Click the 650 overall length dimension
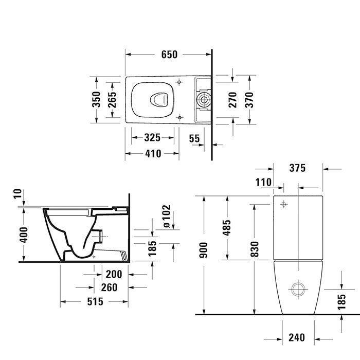(x=169, y=54)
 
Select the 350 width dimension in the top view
(x=96, y=100)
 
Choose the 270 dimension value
(x=232, y=100)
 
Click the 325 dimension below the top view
(x=152, y=137)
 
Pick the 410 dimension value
(x=152, y=153)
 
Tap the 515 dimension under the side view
(x=95, y=302)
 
